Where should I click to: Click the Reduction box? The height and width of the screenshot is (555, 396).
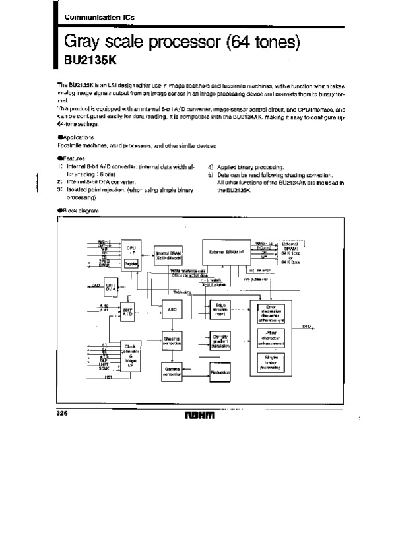click(220, 372)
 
